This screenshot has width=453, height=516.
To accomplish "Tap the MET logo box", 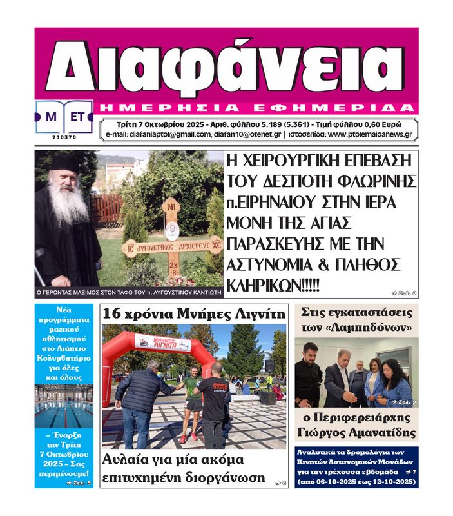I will click(64, 117).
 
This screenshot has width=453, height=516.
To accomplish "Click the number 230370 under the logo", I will click(64, 137).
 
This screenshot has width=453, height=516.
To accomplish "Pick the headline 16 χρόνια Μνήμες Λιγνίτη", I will click(193, 314).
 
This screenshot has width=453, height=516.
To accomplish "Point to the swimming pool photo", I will click(64, 406).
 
